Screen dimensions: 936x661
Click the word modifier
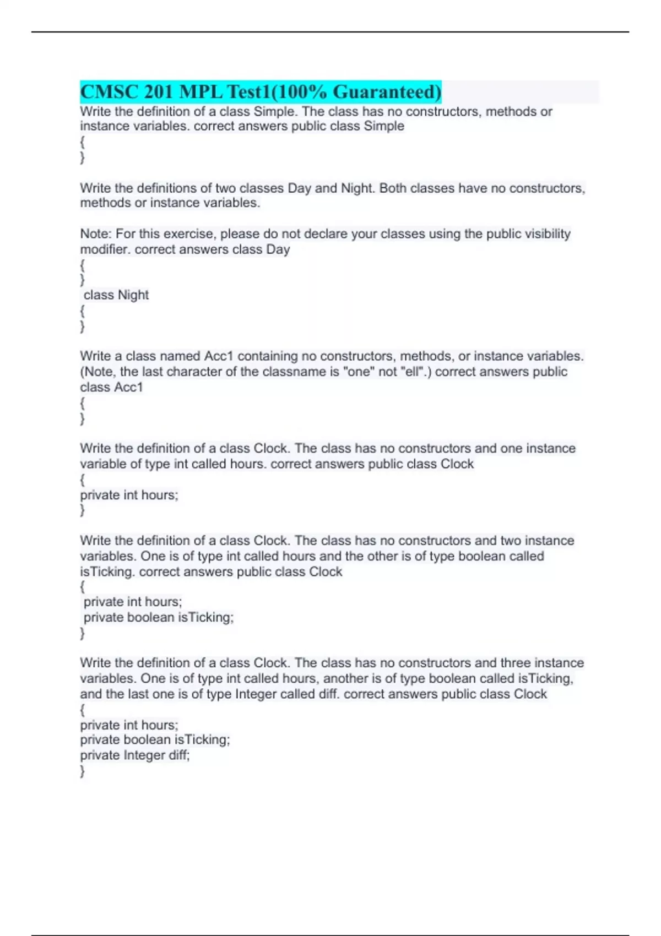105,249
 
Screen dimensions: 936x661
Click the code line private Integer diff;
135,755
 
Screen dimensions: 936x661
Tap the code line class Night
116,295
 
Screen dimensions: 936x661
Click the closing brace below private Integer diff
83,771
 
